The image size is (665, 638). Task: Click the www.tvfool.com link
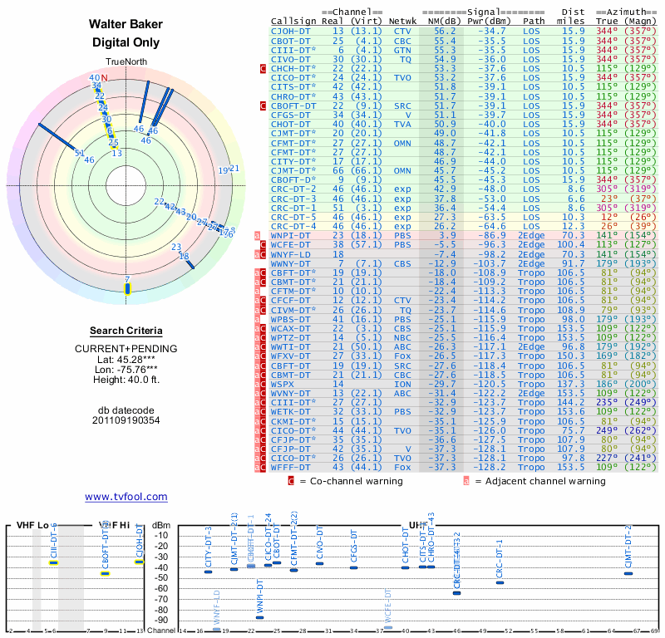pyautogui.click(x=126, y=497)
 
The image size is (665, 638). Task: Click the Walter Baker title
pyautogui.click(x=126, y=24)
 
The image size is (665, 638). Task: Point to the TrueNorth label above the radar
pyautogui.click(x=126, y=62)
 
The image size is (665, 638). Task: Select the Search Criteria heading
pyautogui.click(x=126, y=331)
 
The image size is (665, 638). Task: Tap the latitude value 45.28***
pyautogui.click(x=135, y=359)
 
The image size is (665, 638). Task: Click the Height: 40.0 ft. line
pyautogui.click(x=126, y=380)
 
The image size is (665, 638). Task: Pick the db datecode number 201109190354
pyautogui.click(x=126, y=420)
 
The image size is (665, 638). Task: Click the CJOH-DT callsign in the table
pyautogui.click(x=293, y=30)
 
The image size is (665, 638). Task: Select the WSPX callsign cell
pyautogui.click(x=284, y=385)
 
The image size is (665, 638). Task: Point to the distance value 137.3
pyautogui.click(x=571, y=385)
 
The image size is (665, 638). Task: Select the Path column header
pyautogui.click(x=534, y=21)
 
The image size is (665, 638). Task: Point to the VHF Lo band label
pyautogui.click(x=32, y=525)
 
